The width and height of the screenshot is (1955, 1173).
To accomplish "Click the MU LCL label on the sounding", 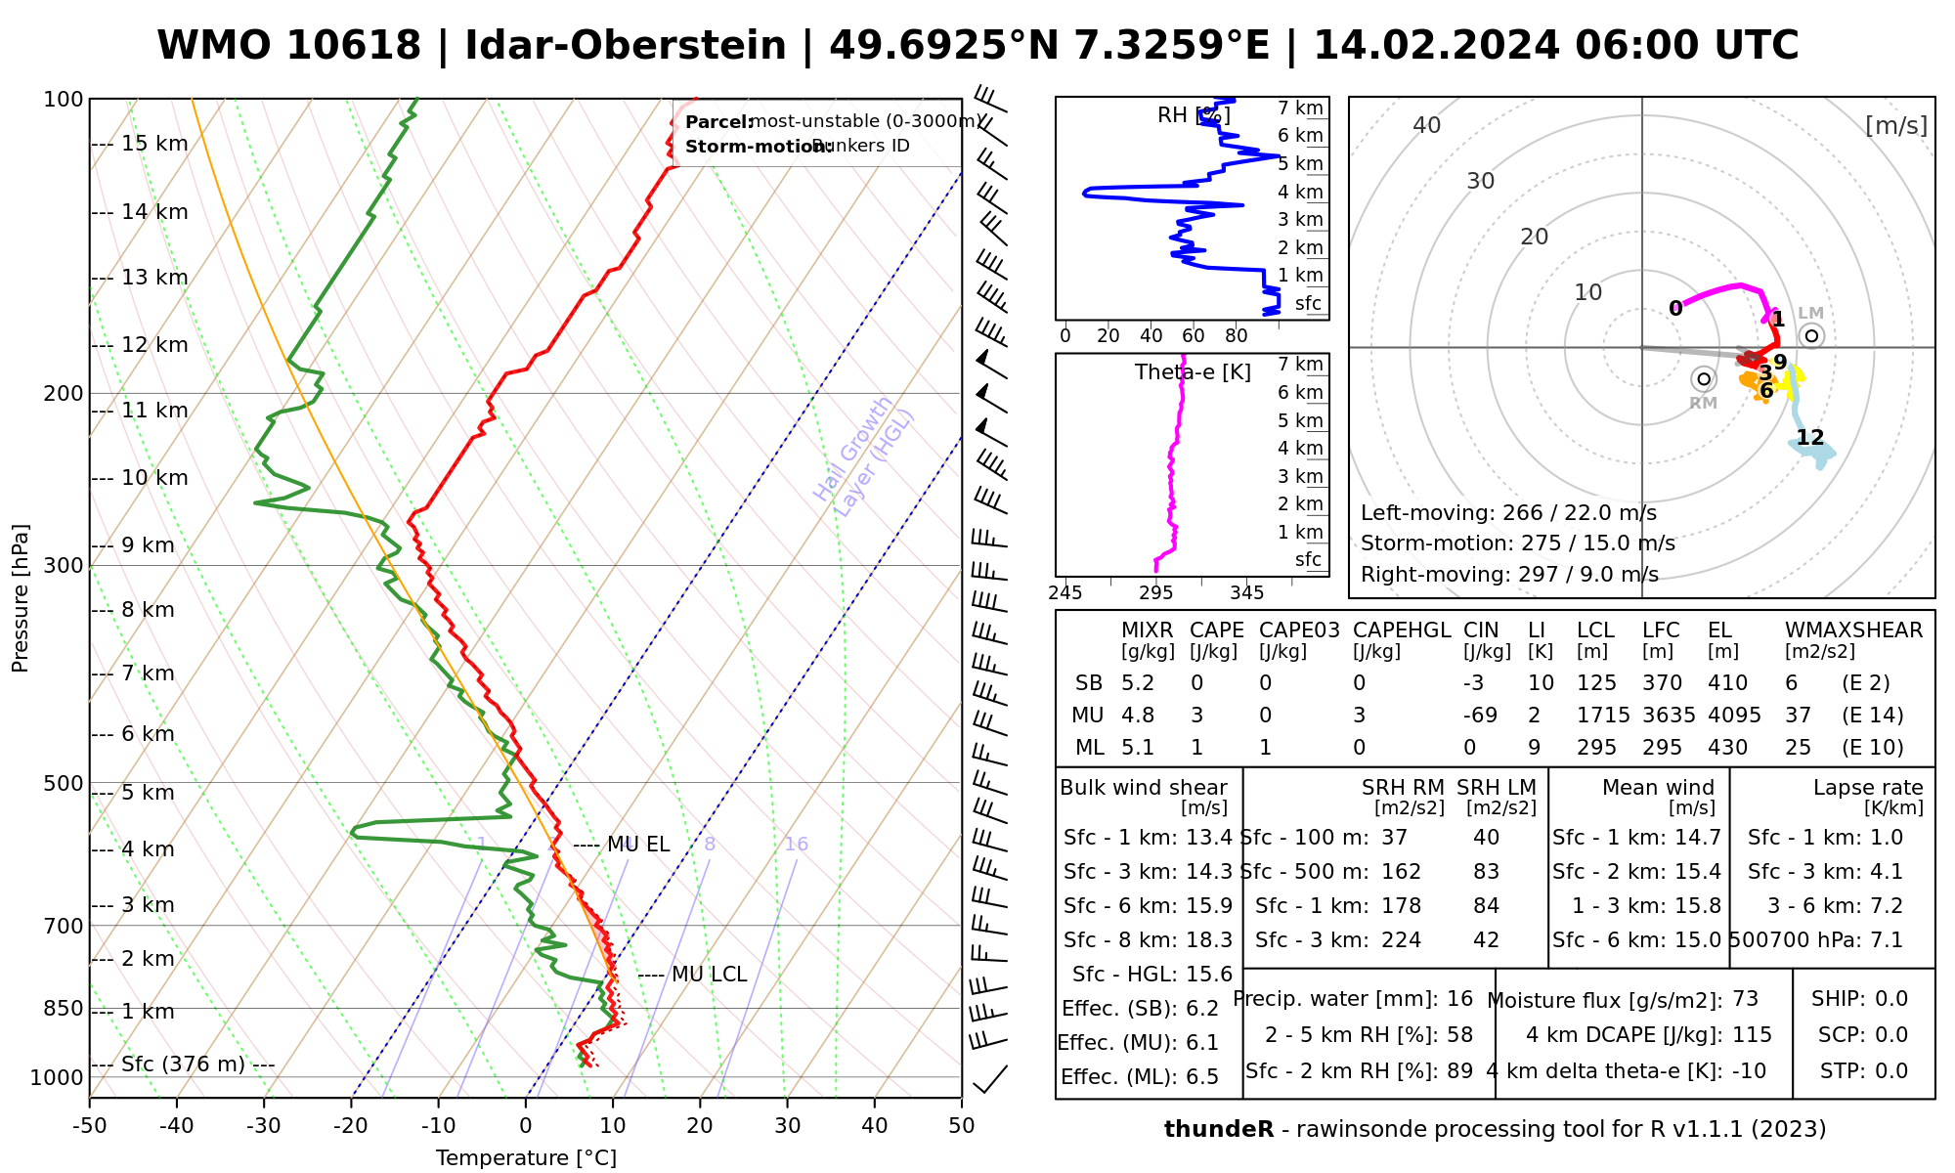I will tap(709, 975).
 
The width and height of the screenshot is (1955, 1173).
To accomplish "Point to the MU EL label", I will tap(638, 845).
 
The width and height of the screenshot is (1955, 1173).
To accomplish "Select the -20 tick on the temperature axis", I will tap(351, 1126).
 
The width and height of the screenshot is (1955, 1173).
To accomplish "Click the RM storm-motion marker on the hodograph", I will tap(1704, 378).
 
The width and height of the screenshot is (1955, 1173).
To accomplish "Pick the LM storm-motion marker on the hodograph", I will tap(1811, 336).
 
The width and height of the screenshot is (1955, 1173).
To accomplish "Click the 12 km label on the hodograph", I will tap(1810, 438).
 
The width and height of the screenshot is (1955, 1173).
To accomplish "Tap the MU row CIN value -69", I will tap(1480, 716).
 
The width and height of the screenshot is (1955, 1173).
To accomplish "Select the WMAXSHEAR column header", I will tap(1853, 630).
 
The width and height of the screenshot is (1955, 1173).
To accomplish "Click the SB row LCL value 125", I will tap(1596, 683).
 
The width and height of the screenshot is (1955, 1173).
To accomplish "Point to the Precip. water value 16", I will tap(1459, 999).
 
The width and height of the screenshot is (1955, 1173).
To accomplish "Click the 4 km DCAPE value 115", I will tap(1753, 1035).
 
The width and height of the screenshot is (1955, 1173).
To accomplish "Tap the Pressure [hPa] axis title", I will tap(21, 598).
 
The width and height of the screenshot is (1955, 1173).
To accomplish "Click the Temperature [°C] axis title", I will tap(526, 1158).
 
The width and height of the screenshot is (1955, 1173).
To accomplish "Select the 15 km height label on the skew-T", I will tap(154, 144).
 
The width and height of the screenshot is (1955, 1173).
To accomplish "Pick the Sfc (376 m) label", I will tap(183, 1064).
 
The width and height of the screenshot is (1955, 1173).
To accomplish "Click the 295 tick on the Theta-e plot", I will tap(1156, 593).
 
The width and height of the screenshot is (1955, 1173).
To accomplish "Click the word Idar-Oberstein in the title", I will tap(625, 46).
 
